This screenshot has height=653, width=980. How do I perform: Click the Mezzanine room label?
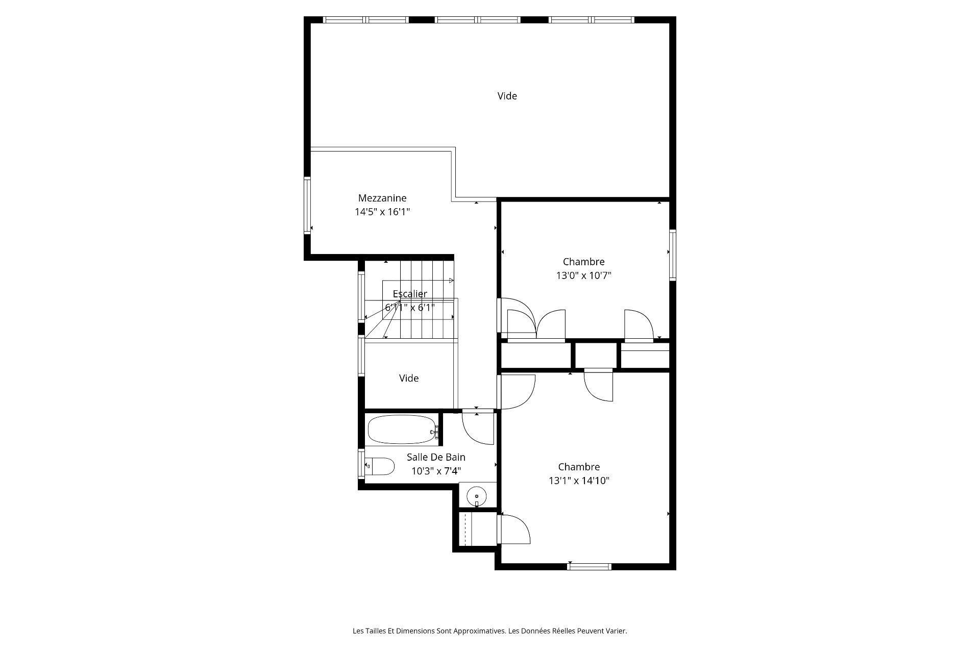click(382, 198)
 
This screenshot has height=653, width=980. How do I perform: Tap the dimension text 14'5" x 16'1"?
click(382, 212)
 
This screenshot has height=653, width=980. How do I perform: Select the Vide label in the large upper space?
click(507, 96)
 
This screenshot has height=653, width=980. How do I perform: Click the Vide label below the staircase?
click(408, 378)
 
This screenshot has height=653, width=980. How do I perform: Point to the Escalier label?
click(410, 294)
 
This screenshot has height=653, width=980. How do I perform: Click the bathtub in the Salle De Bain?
click(401, 430)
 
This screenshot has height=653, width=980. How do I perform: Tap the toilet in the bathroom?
click(381, 466)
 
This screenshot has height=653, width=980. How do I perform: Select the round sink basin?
click(476, 495)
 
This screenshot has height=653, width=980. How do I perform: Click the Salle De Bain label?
click(436, 457)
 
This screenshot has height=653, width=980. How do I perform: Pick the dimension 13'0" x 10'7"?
click(583, 276)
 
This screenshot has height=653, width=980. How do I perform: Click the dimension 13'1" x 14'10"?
click(579, 481)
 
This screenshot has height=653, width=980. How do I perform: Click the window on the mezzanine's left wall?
click(307, 205)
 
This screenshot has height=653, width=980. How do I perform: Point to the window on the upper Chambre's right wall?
click(673, 255)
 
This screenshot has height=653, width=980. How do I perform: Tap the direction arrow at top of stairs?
click(451, 280)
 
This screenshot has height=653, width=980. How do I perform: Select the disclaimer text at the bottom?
click(489, 631)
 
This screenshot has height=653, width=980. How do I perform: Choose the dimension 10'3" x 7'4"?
click(436, 471)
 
